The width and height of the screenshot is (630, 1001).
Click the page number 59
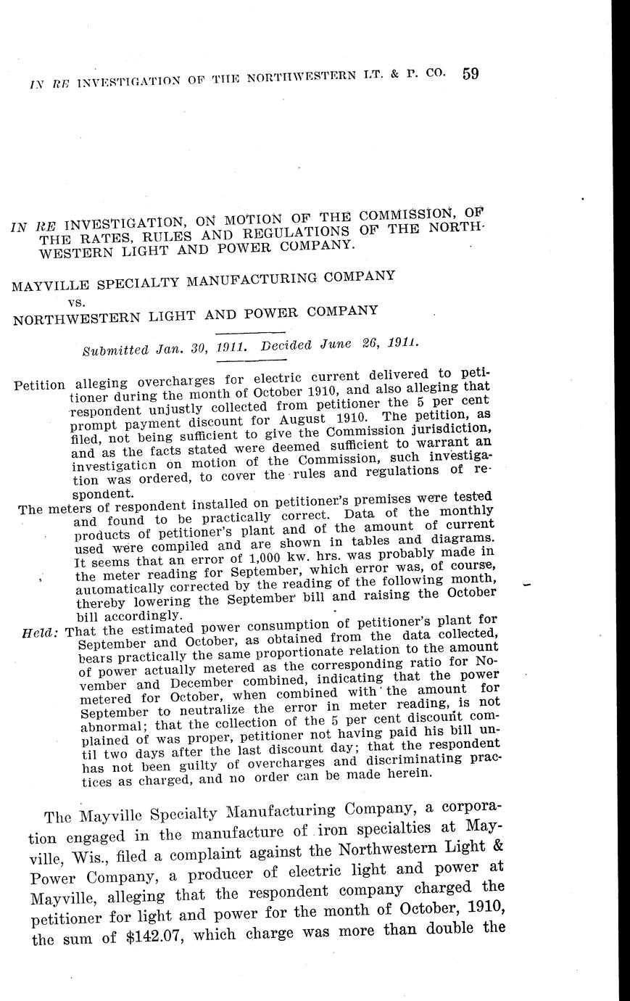click(470, 74)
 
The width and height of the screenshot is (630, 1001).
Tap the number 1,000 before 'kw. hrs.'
click(251, 561)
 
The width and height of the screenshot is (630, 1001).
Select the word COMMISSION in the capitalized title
click(423, 215)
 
